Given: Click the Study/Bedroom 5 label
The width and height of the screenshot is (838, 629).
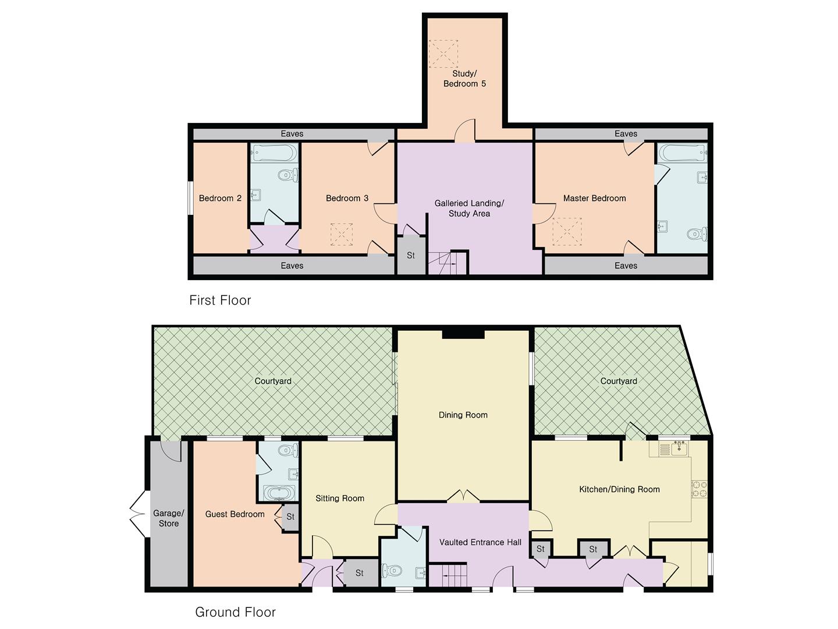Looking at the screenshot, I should click(x=464, y=79).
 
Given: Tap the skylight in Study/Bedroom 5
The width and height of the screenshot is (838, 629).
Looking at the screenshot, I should click(x=443, y=54).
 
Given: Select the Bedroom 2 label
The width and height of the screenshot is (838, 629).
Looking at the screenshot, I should click(x=220, y=199).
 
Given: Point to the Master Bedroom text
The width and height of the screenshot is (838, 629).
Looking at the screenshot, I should click(x=594, y=199).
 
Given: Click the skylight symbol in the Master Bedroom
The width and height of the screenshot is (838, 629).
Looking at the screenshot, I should click(x=566, y=232).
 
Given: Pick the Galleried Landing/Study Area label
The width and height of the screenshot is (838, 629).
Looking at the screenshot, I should click(x=469, y=209).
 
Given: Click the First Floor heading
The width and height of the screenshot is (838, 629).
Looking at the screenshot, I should click(x=220, y=301).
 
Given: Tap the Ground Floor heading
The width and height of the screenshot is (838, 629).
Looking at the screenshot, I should click(x=235, y=612).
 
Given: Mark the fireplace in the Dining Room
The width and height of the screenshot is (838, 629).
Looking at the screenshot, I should click(x=463, y=334).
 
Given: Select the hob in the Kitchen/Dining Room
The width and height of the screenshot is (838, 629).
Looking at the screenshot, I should click(x=699, y=489).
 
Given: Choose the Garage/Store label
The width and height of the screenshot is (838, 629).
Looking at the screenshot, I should click(x=169, y=518).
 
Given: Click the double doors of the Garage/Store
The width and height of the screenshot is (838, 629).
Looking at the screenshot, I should click(x=137, y=514).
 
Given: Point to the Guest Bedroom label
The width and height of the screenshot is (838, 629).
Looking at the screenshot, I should click(x=235, y=514).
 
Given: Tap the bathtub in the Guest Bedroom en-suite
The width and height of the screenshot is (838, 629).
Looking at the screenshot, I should click(x=278, y=493).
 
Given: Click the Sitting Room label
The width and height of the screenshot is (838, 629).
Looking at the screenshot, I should click(x=340, y=499).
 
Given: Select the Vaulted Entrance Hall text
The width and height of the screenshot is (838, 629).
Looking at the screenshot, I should click(x=480, y=542).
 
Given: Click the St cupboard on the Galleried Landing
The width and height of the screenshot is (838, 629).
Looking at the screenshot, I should click(x=411, y=256).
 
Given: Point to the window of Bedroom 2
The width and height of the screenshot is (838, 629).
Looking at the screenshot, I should click(x=190, y=199).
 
